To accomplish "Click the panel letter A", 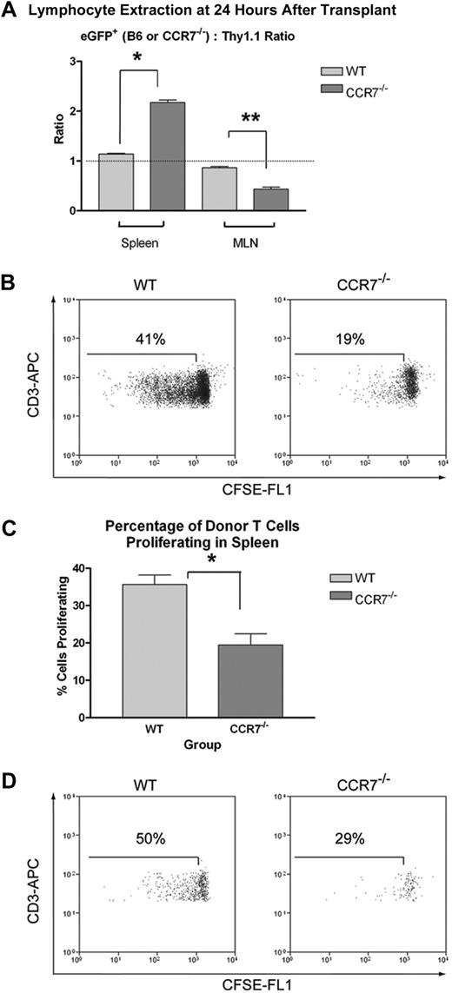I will [8, 10].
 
